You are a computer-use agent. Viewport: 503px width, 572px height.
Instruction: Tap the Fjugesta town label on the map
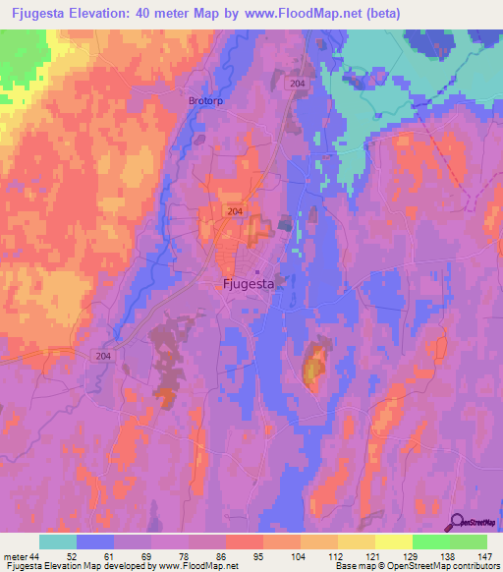245,285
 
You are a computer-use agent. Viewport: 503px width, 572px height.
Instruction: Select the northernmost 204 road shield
298,86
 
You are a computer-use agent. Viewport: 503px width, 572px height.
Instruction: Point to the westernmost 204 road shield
105,357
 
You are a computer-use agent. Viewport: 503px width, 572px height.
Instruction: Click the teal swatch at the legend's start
58,542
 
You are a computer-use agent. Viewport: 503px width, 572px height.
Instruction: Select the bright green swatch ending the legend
469,542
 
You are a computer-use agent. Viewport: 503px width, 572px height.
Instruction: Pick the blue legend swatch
95,542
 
